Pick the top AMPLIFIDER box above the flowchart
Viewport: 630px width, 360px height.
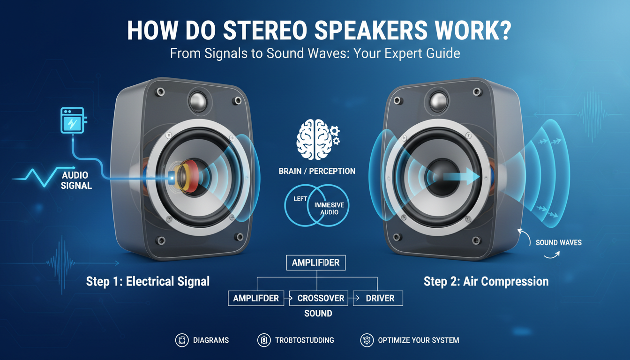pyautogui.click(x=315, y=262)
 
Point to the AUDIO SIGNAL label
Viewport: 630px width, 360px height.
pyautogui.click(x=76, y=180)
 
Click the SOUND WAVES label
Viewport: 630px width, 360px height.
pyautogui.click(x=559, y=243)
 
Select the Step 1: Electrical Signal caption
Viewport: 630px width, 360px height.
pyautogui.click(x=148, y=281)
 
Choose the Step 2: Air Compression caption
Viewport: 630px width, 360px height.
pyautogui.click(x=486, y=281)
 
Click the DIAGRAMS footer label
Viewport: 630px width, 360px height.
pyautogui.click(x=210, y=340)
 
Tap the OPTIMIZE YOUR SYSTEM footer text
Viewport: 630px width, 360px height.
pyautogui.click(x=418, y=340)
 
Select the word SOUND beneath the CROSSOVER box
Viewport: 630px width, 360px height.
pyautogui.click(x=318, y=313)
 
